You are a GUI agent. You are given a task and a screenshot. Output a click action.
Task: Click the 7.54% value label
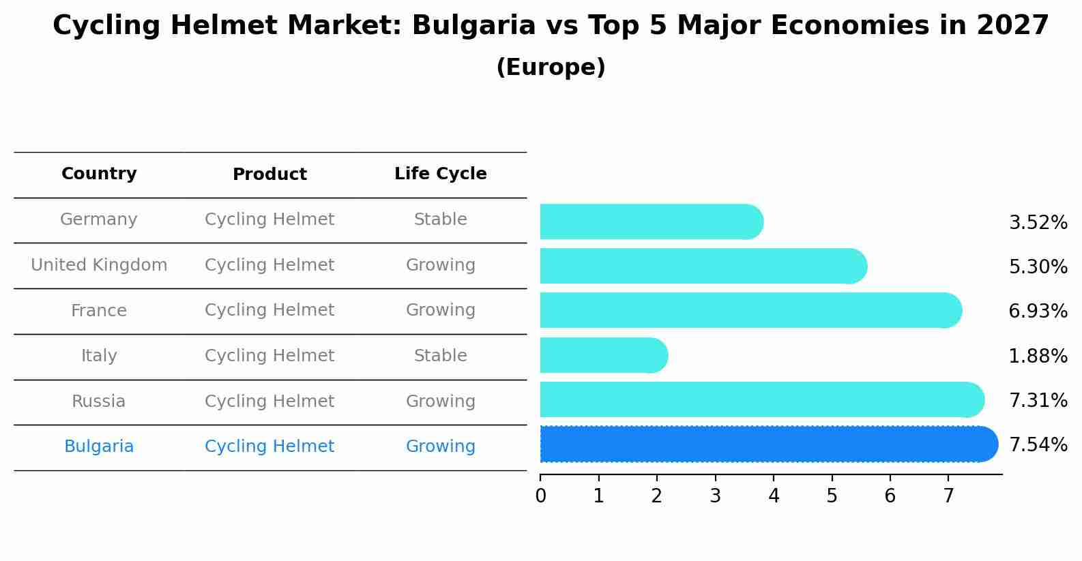(x=1038, y=445)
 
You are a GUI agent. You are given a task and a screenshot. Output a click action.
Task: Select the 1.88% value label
(x=1038, y=356)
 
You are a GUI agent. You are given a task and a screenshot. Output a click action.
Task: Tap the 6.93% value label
(x=1038, y=312)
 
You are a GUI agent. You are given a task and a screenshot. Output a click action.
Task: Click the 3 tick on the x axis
(x=715, y=496)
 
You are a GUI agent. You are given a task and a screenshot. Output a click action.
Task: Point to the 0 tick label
(x=540, y=496)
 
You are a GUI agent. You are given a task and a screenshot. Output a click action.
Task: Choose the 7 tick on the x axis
(x=948, y=496)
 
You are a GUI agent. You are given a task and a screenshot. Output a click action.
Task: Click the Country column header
(x=99, y=174)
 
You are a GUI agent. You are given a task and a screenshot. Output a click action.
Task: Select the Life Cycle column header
(x=440, y=174)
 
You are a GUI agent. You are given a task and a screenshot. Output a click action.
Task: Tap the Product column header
(x=269, y=175)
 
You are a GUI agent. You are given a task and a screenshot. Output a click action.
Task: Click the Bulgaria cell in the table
(x=99, y=446)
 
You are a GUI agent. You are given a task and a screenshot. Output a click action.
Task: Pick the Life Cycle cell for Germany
(x=440, y=219)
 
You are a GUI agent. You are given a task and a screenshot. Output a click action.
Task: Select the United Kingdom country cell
(x=99, y=265)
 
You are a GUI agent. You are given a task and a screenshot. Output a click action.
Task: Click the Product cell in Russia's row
(x=269, y=401)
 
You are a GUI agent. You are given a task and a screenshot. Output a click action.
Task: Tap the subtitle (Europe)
(x=551, y=67)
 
